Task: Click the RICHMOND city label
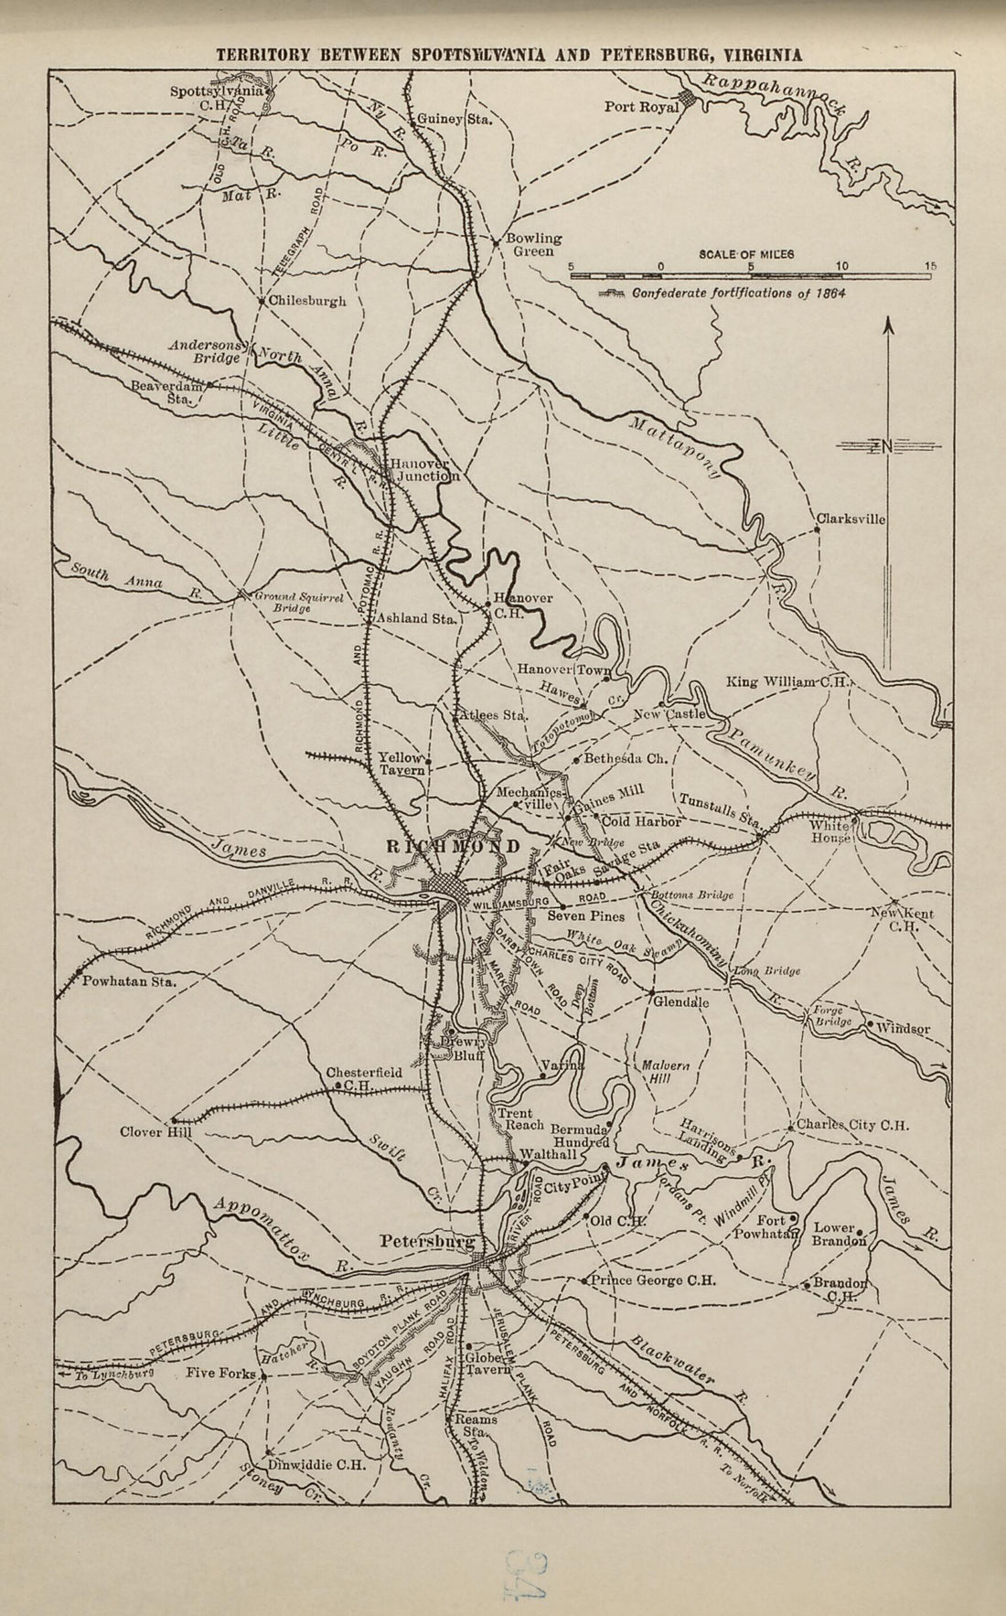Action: point(454,847)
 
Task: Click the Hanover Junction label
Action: point(421,470)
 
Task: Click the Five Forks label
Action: point(220,1373)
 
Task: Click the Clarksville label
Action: point(851,519)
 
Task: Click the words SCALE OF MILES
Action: point(746,253)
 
